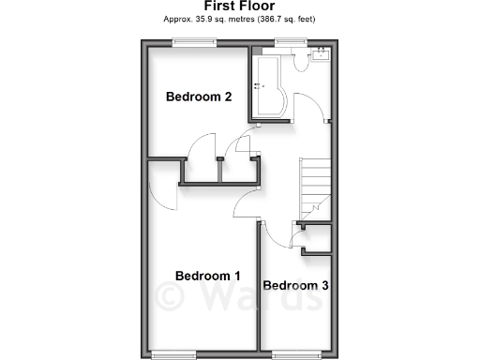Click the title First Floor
click(x=239, y=6)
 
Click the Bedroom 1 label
click(x=208, y=276)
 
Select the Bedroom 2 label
click(x=199, y=97)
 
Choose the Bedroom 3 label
click(x=295, y=285)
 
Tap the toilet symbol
click(x=299, y=59)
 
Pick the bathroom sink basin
click(x=321, y=52)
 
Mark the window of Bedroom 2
click(x=194, y=40)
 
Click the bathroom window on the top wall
click(x=290, y=40)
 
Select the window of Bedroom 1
click(x=172, y=353)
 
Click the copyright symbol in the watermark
click(x=172, y=298)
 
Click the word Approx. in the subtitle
click(x=178, y=18)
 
